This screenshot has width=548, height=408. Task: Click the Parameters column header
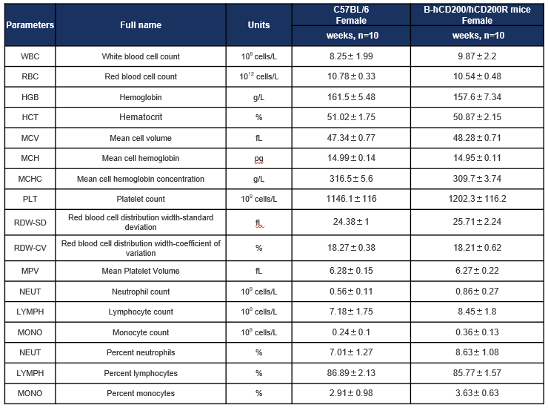(30, 25)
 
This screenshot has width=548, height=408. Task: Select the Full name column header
(141, 25)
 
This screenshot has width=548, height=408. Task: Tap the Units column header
(258, 25)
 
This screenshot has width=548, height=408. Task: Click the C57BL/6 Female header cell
(351, 15)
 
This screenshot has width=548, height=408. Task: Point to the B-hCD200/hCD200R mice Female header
(477, 15)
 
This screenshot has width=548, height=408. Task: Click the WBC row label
(30, 56)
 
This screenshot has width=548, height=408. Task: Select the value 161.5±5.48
(351, 97)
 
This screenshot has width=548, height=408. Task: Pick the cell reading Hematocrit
(141, 117)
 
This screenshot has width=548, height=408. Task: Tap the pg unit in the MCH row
(258, 159)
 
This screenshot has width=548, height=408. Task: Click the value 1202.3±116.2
(477, 199)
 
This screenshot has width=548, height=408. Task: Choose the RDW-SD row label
(30, 223)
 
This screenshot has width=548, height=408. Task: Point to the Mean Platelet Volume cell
(141, 271)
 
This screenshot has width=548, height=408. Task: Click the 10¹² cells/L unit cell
(258, 76)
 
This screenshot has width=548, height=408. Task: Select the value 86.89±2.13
(351, 373)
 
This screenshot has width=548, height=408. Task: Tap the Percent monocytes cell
(141, 393)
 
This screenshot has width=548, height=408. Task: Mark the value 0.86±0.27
(477, 292)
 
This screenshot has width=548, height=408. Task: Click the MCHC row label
(30, 179)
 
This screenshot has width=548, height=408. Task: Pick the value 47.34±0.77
(351, 138)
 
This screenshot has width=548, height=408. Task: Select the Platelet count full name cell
(141, 199)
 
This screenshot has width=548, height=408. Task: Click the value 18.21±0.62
(477, 248)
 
